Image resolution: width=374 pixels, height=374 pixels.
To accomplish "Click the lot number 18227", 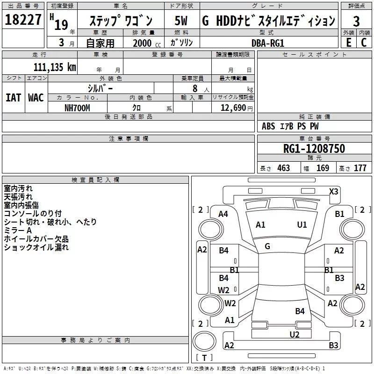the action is (x=23, y=20).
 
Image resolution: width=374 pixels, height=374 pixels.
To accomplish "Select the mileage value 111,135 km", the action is (x=55, y=67).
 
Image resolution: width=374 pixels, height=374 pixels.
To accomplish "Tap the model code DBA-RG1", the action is (x=268, y=43).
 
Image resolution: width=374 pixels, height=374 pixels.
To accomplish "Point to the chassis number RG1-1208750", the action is (x=314, y=148).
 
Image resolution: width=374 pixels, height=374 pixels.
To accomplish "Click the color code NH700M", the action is (x=77, y=108).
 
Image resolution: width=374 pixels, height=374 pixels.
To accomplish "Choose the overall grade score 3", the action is (x=356, y=21).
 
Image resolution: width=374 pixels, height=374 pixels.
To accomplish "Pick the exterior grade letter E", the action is (x=349, y=43).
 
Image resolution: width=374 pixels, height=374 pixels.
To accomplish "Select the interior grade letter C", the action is (x=364, y=43).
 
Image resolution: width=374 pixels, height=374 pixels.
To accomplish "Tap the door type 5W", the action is (x=181, y=21).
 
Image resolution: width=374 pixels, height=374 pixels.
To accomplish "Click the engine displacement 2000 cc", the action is (x=147, y=43).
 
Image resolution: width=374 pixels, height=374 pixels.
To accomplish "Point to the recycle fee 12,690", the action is (x=233, y=108).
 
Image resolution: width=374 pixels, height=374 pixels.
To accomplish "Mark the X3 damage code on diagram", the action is (x=334, y=192).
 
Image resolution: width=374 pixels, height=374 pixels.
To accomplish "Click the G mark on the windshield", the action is (x=267, y=246).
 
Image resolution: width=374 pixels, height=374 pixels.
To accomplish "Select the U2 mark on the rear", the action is (x=295, y=335).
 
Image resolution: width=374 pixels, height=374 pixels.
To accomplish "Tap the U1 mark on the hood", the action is (x=302, y=225).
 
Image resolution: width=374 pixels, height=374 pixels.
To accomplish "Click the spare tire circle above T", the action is (x=204, y=341).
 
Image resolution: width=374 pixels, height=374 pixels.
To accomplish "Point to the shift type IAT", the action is (x=14, y=98).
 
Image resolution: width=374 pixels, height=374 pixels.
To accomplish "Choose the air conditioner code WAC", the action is (x=36, y=98).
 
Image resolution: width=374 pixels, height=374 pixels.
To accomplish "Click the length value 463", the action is (x=284, y=168).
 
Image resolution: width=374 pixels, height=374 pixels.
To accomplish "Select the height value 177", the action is (x=360, y=168).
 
